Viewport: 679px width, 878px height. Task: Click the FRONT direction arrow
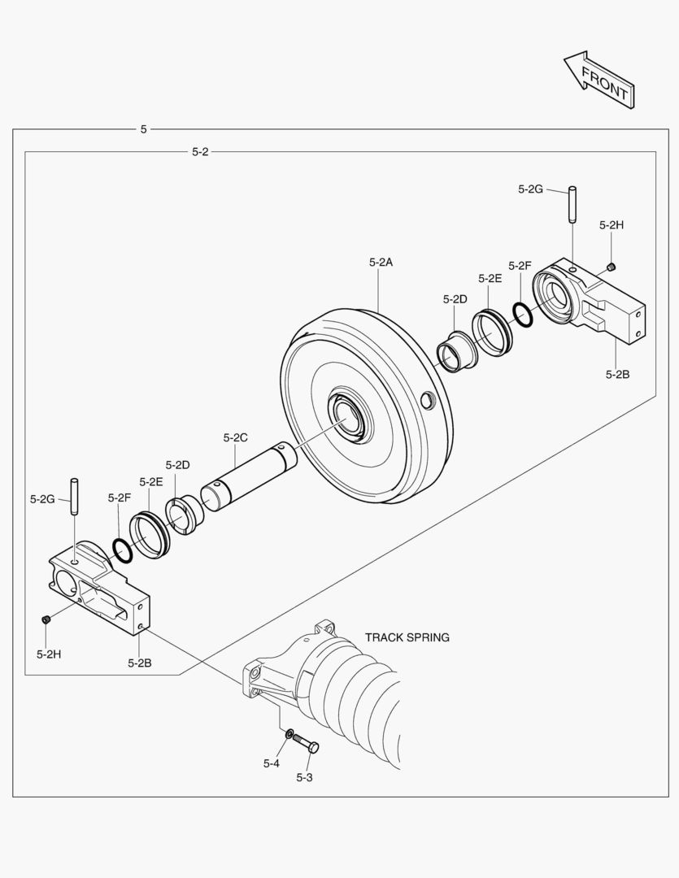[x=598, y=79]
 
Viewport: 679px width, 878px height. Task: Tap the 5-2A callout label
[x=381, y=262]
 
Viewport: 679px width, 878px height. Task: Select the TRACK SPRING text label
[x=407, y=637]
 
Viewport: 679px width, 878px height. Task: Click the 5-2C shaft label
[x=235, y=437]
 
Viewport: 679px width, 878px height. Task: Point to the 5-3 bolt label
[x=304, y=777]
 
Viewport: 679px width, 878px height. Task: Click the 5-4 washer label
[x=271, y=763]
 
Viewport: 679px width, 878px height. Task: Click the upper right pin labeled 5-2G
[x=572, y=204]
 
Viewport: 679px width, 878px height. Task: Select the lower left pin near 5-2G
[x=75, y=496]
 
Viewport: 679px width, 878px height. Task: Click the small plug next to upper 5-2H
[x=612, y=267]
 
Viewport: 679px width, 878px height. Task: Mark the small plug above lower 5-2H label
[x=46, y=620]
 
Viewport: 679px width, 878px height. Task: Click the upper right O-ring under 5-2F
[x=524, y=315]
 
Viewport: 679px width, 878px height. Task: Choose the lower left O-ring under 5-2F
[x=123, y=550]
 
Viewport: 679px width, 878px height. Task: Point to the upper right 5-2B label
[x=617, y=374]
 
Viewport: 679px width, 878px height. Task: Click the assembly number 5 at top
[x=144, y=129]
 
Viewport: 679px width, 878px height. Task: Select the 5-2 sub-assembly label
[x=200, y=151]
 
